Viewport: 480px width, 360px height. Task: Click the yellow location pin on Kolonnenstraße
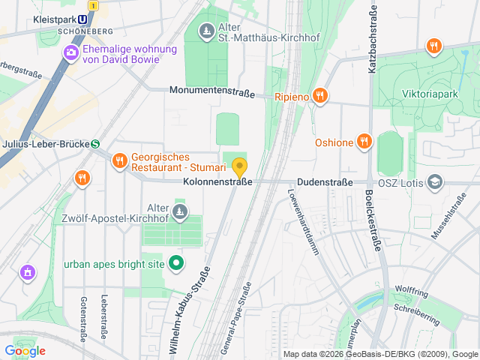tap(240, 166)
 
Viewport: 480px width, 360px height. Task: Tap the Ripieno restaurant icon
tap(320, 95)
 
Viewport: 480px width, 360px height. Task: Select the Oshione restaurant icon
tap(364, 141)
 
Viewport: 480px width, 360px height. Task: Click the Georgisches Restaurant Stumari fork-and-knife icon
tap(119, 160)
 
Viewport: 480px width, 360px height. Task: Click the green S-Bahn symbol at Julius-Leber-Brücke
tap(95, 144)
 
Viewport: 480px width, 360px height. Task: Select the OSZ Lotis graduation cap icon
tap(435, 181)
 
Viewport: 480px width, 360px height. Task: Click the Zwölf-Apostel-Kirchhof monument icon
tap(179, 214)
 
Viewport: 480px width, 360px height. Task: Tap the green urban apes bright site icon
tap(176, 263)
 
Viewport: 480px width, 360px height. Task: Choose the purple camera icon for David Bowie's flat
tap(71, 52)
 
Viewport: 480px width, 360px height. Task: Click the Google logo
tap(25, 350)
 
